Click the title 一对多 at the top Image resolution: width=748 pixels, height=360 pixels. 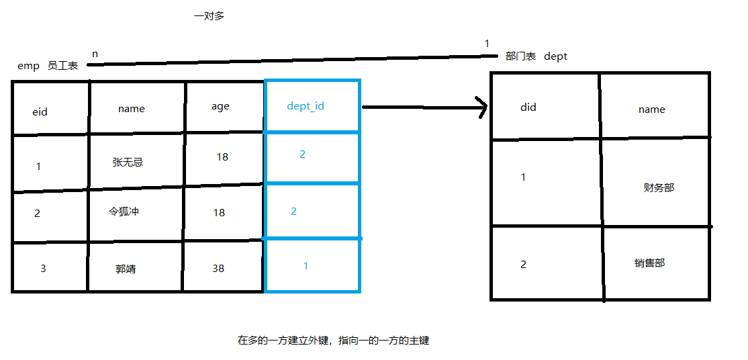(209, 16)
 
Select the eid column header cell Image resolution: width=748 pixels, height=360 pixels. (40, 112)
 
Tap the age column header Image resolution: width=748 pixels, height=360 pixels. (220, 106)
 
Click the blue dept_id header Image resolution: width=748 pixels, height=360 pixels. (306, 106)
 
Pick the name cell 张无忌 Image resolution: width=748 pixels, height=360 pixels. (128, 162)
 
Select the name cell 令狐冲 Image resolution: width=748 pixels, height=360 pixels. (124, 212)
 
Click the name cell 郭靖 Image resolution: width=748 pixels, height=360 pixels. (126, 269)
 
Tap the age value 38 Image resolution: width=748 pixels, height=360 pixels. (218, 268)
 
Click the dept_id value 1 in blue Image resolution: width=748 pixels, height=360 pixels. (306, 266)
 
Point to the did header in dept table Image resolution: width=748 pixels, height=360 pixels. (528, 107)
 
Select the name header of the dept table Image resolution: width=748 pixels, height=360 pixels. (651, 109)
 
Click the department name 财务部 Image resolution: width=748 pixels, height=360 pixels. (658, 188)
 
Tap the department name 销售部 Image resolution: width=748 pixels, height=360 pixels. (649, 263)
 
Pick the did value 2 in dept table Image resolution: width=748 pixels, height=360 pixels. (524, 264)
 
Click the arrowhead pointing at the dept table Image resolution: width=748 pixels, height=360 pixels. (481, 107)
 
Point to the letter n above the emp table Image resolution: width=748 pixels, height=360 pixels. (95, 52)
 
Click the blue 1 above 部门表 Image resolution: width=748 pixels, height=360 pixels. (487, 44)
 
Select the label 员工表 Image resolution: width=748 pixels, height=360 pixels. (62, 66)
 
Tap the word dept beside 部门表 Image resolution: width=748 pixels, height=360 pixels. (555, 56)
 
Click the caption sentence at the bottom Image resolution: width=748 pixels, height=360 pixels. (333, 341)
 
